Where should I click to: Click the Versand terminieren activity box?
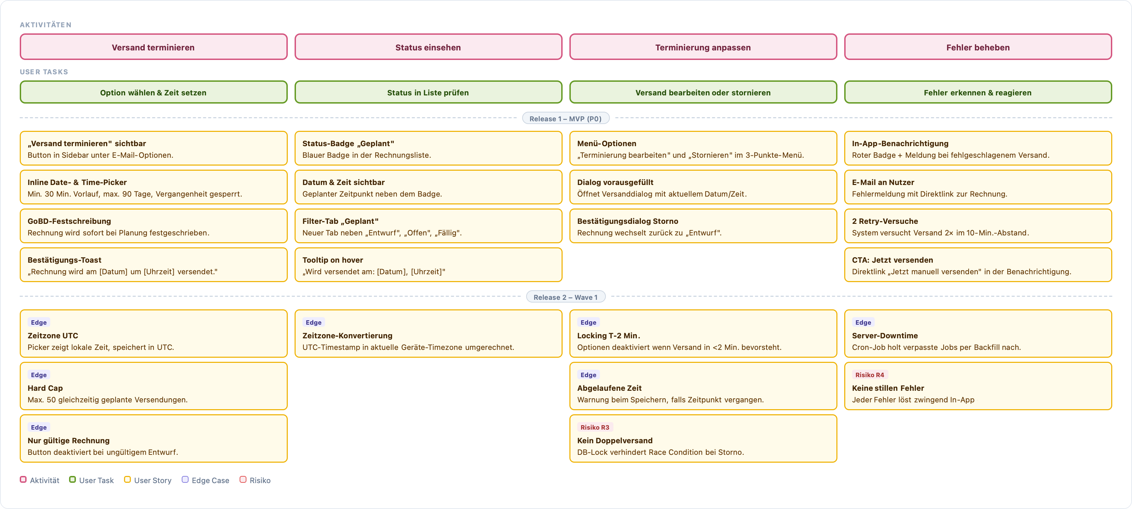click(153, 47)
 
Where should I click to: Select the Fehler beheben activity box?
click(978, 47)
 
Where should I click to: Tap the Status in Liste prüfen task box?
click(428, 92)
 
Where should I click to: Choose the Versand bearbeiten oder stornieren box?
click(703, 92)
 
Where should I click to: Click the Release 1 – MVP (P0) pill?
click(566, 119)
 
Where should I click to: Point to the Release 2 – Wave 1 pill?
click(566, 297)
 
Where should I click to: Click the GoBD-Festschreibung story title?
click(69, 221)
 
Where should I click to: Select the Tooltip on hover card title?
click(333, 260)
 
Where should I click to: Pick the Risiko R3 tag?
click(595, 427)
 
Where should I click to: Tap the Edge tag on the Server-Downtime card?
click(863, 322)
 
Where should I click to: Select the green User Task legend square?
click(73, 480)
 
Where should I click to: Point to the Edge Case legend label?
click(210, 480)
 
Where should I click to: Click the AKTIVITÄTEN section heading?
click(46, 25)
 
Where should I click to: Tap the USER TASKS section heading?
click(44, 72)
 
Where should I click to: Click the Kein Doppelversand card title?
click(615, 441)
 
